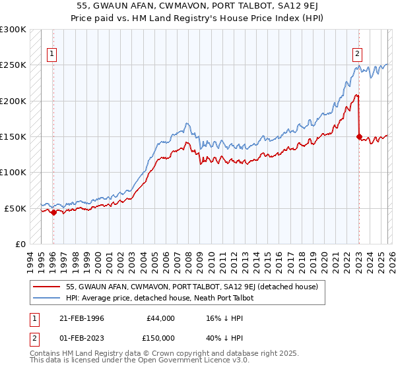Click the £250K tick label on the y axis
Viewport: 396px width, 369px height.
(x=13, y=65)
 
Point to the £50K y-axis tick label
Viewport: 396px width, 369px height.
(x=15, y=208)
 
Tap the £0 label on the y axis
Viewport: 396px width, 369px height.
(x=20, y=244)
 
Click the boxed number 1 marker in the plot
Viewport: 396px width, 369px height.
(x=52, y=55)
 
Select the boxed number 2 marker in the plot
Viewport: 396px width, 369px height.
(x=357, y=55)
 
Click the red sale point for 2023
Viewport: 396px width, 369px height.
(x=359, y=137)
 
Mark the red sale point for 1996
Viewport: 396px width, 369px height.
(x=53, y=212)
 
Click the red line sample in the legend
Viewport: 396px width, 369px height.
(x=46, y=287)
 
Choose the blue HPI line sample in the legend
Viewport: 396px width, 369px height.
(x=46, y=298)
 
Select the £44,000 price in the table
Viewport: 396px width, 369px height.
(x=160, y=318)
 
